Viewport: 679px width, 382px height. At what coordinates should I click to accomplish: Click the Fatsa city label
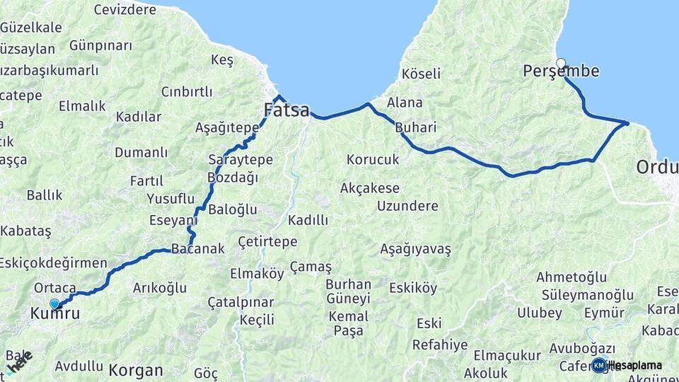click(x=286, y=110)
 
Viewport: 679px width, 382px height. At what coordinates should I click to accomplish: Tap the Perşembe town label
click(x=561, y=71)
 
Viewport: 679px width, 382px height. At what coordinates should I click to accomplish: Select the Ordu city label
click(x=657, y=168)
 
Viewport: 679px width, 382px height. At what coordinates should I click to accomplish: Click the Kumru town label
click(x=55, y=313)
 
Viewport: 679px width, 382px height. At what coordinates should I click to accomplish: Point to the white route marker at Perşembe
click(x=561, y=63)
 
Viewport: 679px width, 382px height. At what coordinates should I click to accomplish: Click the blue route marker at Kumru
click(x=54, y=303)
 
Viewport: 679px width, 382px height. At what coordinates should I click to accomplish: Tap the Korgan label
click(x=136, y=370)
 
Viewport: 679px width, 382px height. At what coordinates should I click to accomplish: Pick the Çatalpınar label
click(x=240, y=303)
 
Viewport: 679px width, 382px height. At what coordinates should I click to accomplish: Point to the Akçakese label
click(x=369, y=188)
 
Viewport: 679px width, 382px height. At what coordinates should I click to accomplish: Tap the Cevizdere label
click(x=124, y=10)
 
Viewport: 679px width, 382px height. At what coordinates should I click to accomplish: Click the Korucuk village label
click(x=373, y=160)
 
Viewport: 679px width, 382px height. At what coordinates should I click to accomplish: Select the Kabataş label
click(x=26, y=231)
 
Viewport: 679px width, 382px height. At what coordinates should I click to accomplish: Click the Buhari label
click(x=416, y=128)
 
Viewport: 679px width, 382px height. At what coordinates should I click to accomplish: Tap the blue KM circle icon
click(x=599, y=366)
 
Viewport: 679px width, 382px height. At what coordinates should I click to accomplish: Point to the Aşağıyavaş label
click(x=415, y=249)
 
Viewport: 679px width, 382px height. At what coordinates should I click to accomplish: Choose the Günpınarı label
click(x=100, y=45)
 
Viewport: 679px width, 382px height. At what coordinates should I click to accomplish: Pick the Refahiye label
click(x=440, y=345)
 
